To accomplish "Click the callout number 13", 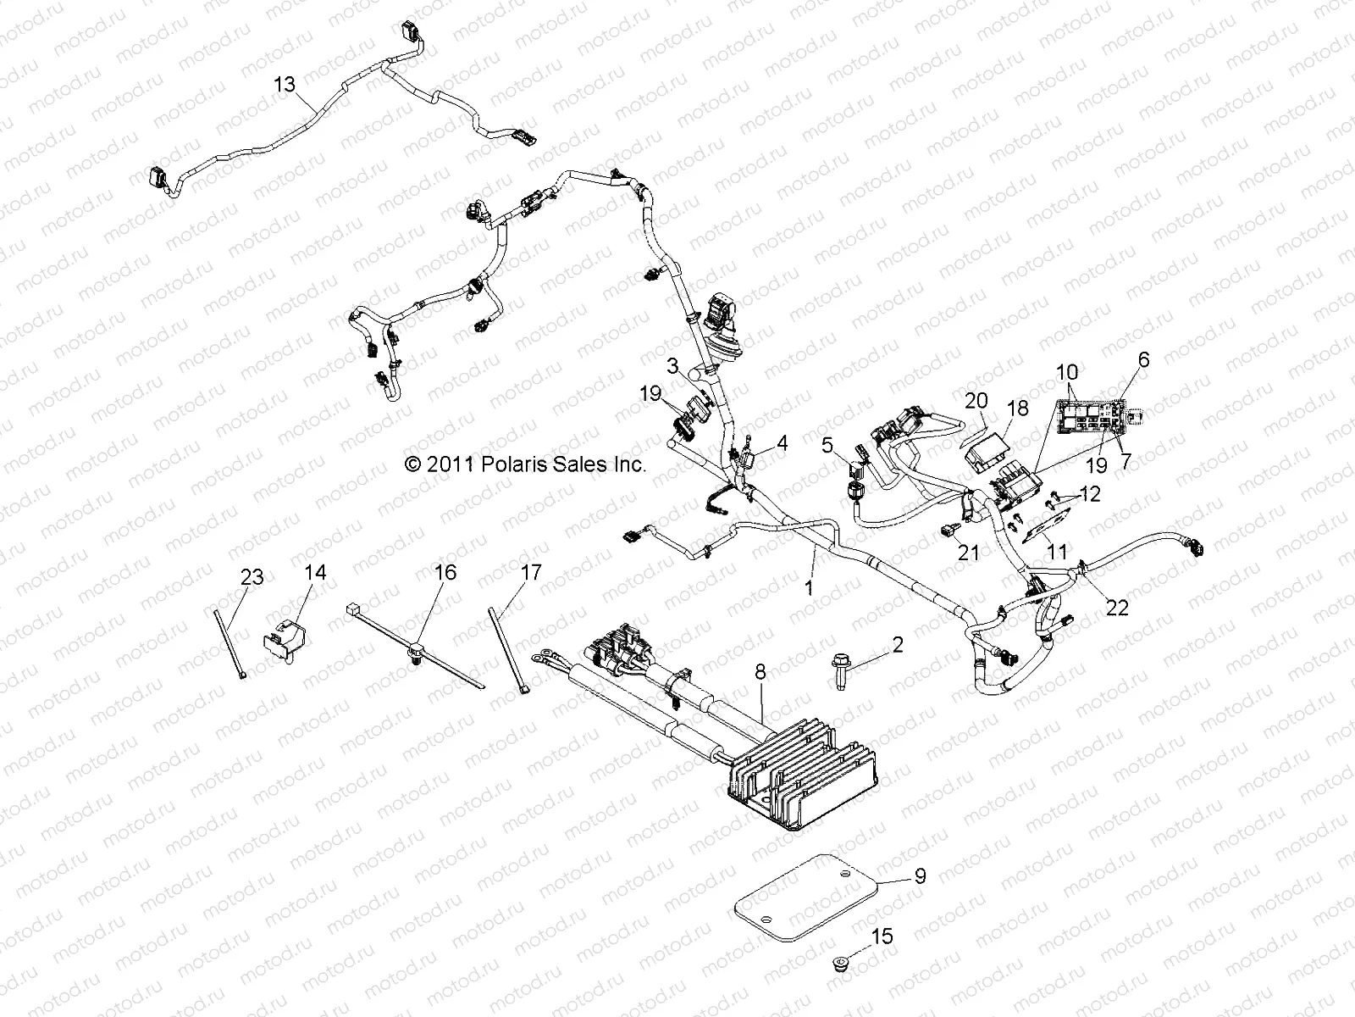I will pyautogui.click(x=285, y=84).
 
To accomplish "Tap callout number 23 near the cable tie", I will pyautogui.click(x=252, y=577).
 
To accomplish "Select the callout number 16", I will pyautogui.click(x=445, y=572).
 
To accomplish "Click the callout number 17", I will pyautogui.click(x=530, y=573).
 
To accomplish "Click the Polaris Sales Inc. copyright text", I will pyautogui.click(x=525, y=464).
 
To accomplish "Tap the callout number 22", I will pyautogui.click(x=1118, y=608).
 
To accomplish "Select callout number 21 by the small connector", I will pyautogui.click(x=968, y=553).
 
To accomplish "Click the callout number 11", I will pyautogui.click(x=1057, y=551).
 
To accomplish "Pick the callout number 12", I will pyautogui.click(x=1091, y=492).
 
